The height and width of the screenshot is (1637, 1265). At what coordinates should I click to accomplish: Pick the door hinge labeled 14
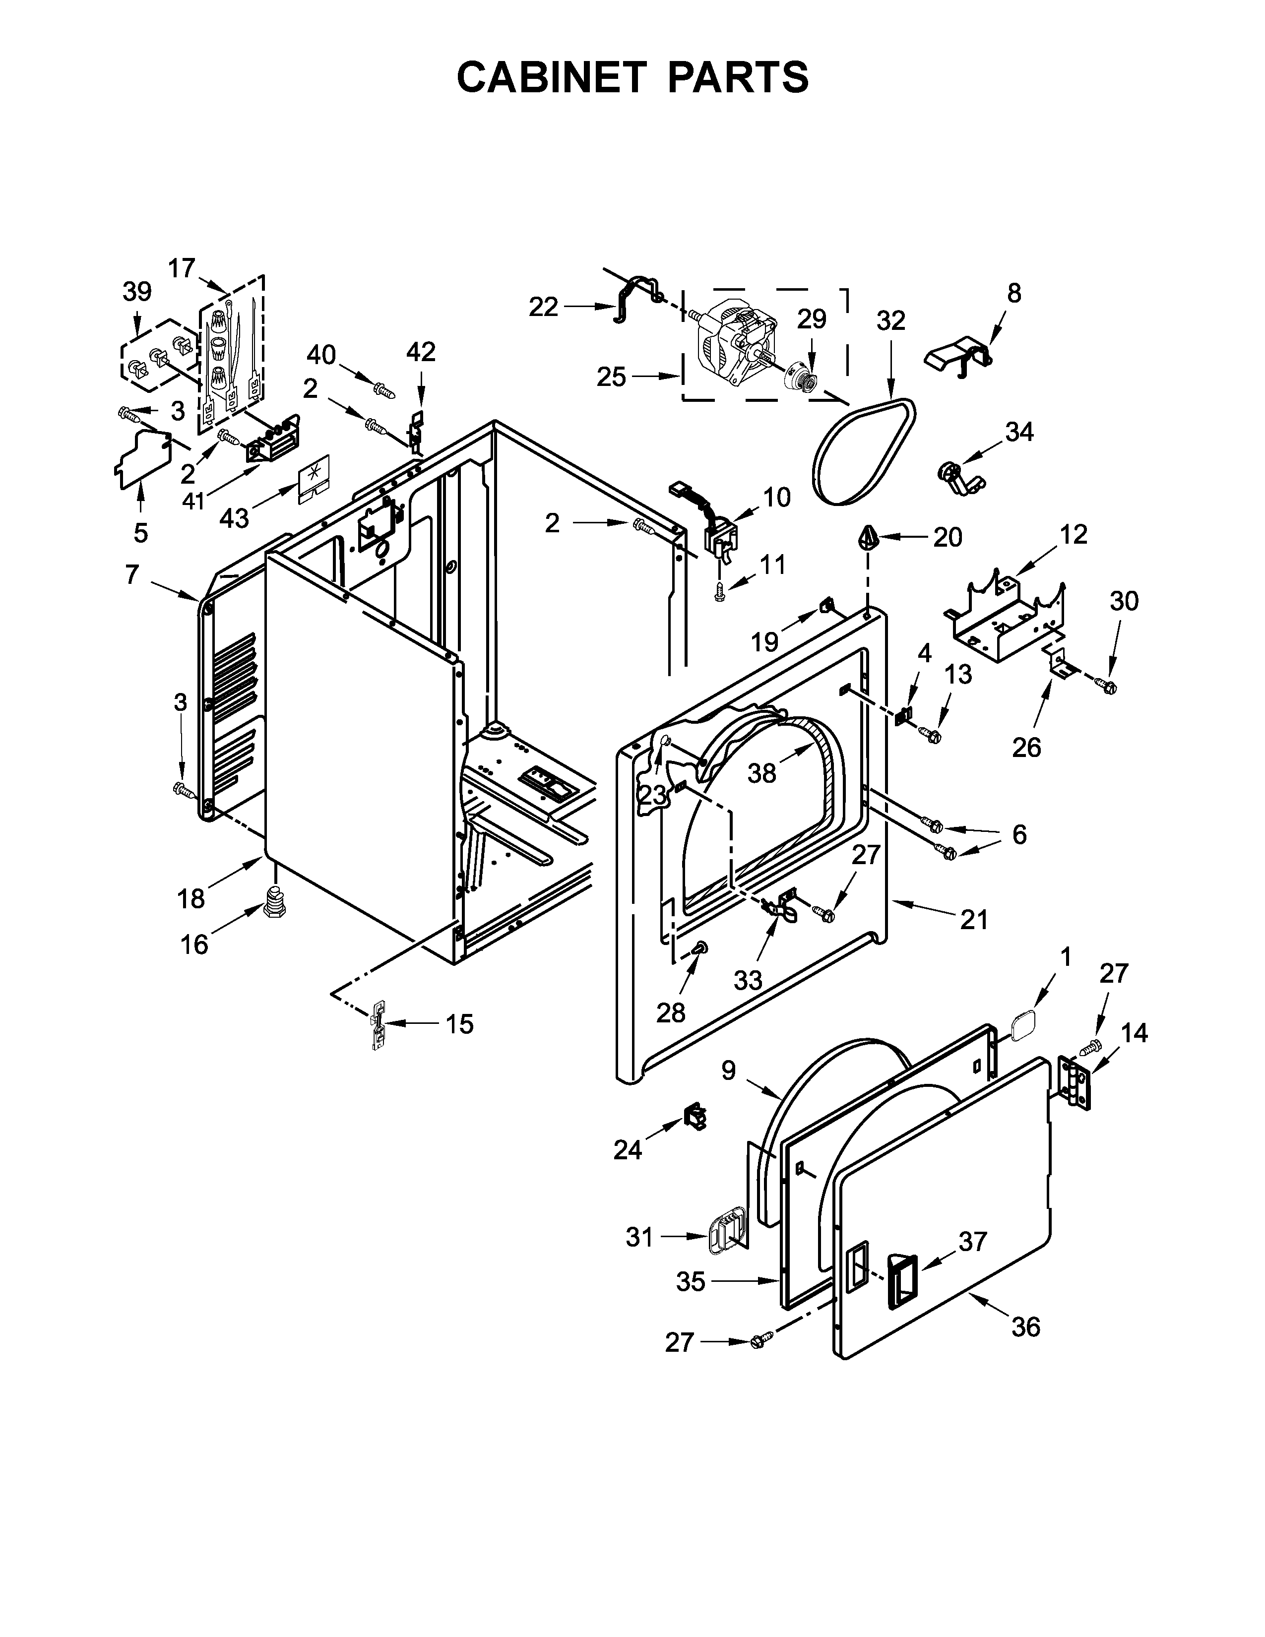coord(1076,1082)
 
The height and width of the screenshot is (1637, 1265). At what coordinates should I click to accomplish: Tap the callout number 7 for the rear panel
coord(132,575)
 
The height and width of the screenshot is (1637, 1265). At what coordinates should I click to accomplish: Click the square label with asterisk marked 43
coord(313,477)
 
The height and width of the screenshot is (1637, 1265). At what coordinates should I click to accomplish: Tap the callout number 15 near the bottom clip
coord(459,1024)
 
